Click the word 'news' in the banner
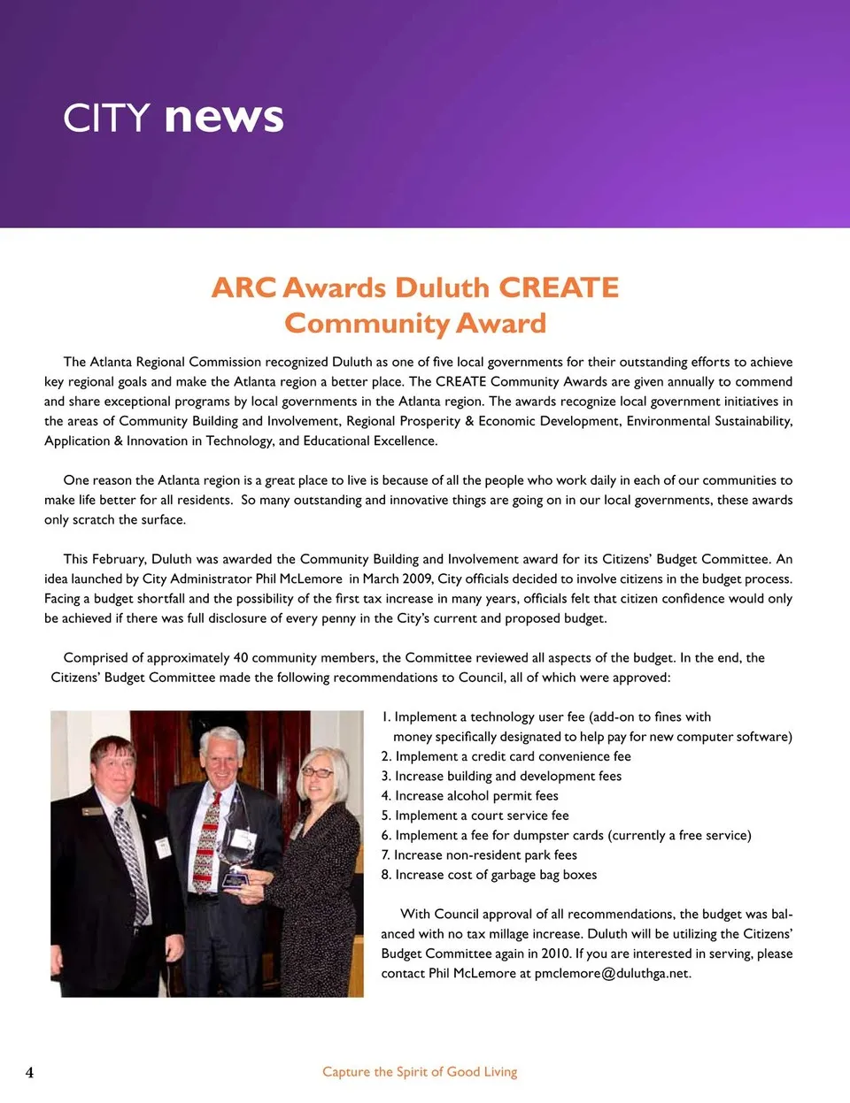tap(224, 118)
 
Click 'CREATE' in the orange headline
tap(558, 288)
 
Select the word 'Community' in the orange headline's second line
tap(367, 324)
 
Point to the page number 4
tap(29, 1072)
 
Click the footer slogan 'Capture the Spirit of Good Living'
tap(420, 1072)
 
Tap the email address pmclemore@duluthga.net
tap(611, 974)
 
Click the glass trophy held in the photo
tap(236, 862)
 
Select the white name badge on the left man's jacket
tap(163, 846)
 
